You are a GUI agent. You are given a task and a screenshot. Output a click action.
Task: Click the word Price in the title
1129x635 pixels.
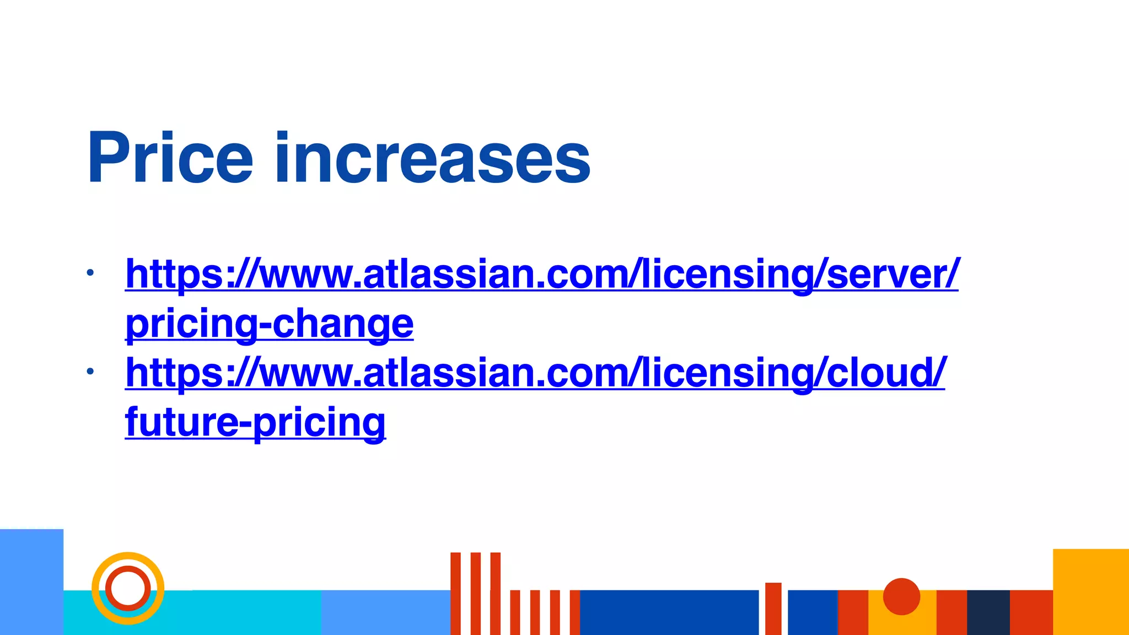tap(170, 158)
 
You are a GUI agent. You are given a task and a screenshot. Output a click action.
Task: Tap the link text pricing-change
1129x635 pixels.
tap(270, 324)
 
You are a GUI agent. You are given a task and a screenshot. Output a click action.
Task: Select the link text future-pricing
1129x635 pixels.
tap(255, 422)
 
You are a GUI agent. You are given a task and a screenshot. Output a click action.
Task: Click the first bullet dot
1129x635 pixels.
tap(90, 272)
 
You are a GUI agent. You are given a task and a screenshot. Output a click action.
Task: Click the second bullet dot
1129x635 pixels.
tap(90, 372)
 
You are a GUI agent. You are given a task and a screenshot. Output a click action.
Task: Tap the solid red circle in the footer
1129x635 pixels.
tap(901, 596)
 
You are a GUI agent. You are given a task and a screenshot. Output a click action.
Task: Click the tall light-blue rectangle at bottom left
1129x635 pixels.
tap(31, 582)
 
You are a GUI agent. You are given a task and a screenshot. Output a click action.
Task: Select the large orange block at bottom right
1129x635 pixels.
tap(1090, 591)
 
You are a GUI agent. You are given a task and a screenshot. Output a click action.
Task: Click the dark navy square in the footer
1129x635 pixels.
tap(988, 612)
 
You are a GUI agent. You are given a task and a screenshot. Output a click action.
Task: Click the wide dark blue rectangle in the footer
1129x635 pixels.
tap(669, 612)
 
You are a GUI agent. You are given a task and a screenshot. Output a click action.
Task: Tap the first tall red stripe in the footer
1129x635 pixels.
tap(455, 593)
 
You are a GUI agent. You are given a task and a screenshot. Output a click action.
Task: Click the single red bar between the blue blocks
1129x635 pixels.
tap(773, 609)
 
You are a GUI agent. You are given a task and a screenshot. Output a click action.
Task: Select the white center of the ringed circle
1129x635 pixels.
tap(128, 588)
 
